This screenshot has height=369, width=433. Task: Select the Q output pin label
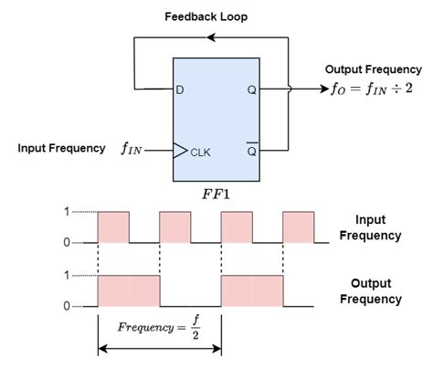[x=251, y=90]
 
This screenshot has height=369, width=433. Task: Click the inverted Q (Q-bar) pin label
[x=251, y=150]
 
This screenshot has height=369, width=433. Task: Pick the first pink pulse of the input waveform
[x=113, y=227]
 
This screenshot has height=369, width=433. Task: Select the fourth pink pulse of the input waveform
[x=299, y=227]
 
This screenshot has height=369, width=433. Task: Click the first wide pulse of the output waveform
[x=128, y=290]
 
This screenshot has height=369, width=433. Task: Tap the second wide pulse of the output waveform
[x=252, y=290]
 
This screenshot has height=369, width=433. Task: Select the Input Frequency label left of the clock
[x=61, y=148]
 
